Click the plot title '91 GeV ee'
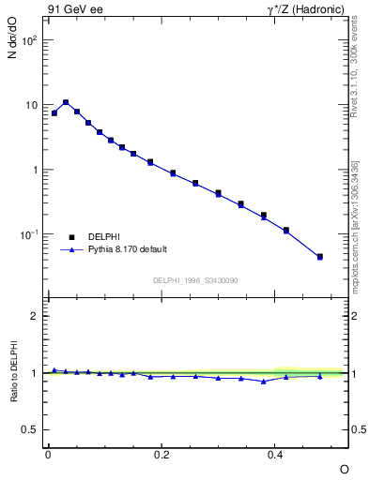click(71, 9)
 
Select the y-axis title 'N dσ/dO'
click(12, 43)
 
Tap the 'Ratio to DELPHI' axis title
click(12, 373)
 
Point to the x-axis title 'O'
click(344, 468)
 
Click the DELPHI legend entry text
click(102, 236)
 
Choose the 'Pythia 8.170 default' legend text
click(127, 249)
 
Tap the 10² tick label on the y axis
click(29, 41)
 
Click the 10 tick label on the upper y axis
click(31, 106)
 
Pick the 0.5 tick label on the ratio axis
click(30, 430)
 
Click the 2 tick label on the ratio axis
click(35, 316)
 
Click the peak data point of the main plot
click(66, 102)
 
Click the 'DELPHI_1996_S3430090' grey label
click(194, 280)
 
